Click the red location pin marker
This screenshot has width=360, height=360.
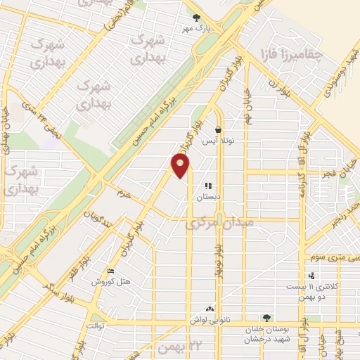point(181,166)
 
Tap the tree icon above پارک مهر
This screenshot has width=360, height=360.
point(196,18)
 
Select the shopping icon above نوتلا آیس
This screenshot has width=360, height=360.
point(219,130)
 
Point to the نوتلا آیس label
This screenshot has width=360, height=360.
point(218,141)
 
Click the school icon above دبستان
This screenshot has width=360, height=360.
point(208,186)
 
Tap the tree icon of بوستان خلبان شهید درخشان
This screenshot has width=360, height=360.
point(266,318)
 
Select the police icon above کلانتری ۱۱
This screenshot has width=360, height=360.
point(311,276)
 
